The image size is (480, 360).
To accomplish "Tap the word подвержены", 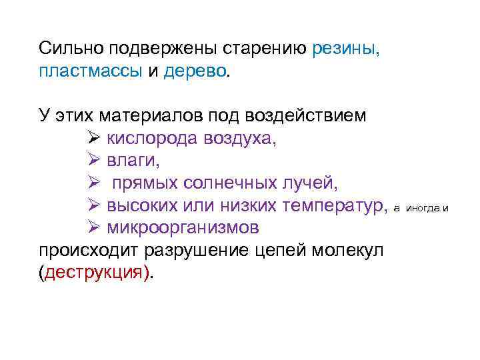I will (x=157, y=49).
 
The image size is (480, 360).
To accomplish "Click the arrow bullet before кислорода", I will (x=93, y=139).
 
